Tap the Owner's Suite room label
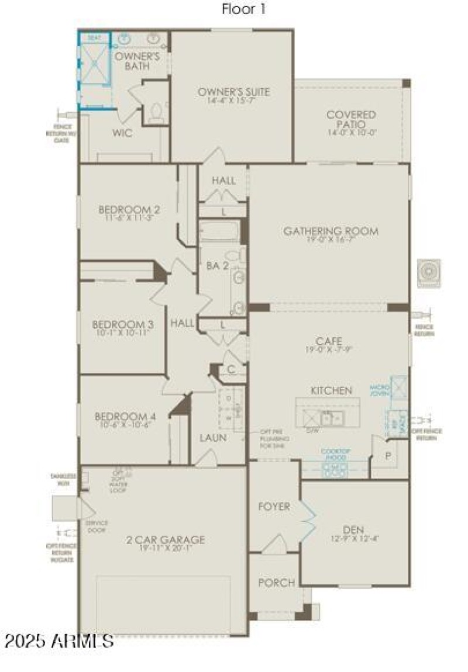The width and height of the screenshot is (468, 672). tap(233, 92)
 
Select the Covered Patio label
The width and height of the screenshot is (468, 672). tap(351, 119)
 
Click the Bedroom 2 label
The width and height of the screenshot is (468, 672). tap(129, 210)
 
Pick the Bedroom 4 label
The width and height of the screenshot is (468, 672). tap(125, 417)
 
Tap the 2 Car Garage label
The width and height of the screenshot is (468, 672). tap(165, 539)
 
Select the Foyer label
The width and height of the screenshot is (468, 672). tap(274, 507)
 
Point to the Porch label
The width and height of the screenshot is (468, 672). tap(276, 582)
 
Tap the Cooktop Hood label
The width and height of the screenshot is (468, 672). tap(335, 455)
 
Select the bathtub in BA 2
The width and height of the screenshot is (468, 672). tap(219, 231)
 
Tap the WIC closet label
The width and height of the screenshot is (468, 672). tap(122, 133)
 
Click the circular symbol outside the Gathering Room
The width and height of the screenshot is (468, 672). tap(429, 273)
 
